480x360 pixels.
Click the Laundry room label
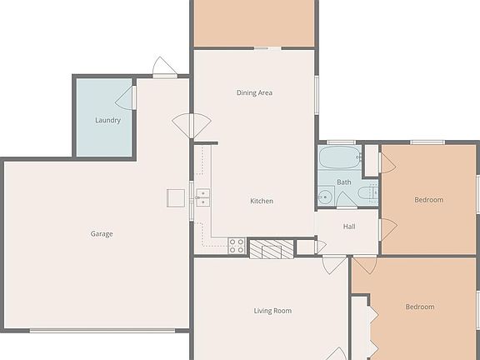click(x=107, y=120)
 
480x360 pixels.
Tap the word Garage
click(x=102, y=233)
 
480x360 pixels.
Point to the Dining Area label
click(x=254, y=92)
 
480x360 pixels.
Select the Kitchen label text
click(x=262, y=201)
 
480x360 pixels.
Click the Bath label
click(x=344, y=182)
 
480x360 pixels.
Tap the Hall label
click(x=349, y=226)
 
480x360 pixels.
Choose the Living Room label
click(x=272, y=311)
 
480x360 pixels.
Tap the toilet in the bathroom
click(x=366, y=195)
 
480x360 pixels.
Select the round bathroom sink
click(x=325, y=197)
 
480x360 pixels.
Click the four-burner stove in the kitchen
click(x=237, y=245)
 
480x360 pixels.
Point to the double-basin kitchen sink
click(x=202, y=197)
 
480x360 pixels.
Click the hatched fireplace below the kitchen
click(x=272, y=248)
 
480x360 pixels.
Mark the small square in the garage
click(x=176, y=197)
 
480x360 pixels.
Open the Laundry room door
click(x=129, y=97)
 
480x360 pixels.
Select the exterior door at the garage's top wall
click(x=165, y=67)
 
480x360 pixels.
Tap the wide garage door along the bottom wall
click(x=102, y=331)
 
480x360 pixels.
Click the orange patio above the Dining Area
click(x=254, y=23)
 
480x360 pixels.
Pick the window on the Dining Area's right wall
click(x=317, y=92)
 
